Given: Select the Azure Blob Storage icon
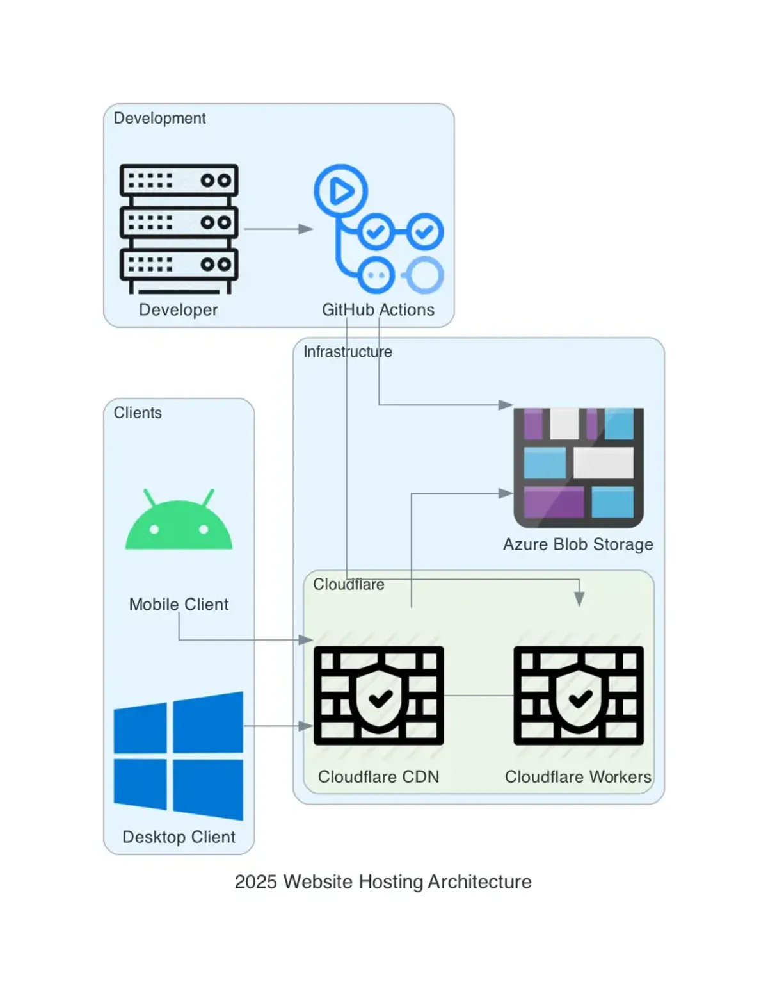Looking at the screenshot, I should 579,468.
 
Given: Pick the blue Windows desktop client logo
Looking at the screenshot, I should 179,756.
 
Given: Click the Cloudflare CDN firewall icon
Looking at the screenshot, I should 378,695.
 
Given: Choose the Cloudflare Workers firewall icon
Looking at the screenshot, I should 579,695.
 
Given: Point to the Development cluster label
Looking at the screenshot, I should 159,118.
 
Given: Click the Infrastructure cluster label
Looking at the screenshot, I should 348,352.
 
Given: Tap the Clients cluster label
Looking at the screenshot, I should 138,413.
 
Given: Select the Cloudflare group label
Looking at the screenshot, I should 348,584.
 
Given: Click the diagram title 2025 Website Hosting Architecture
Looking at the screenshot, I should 383,881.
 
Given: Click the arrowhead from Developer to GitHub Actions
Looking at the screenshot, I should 306,229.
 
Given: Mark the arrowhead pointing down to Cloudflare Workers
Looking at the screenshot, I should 579,599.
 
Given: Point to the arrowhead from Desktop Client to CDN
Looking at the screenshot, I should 306,726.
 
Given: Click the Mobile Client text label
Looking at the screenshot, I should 179,604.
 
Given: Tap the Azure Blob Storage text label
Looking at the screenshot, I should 578,544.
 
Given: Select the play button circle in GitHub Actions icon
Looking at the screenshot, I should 340,191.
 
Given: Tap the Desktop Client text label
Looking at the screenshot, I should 179,837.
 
